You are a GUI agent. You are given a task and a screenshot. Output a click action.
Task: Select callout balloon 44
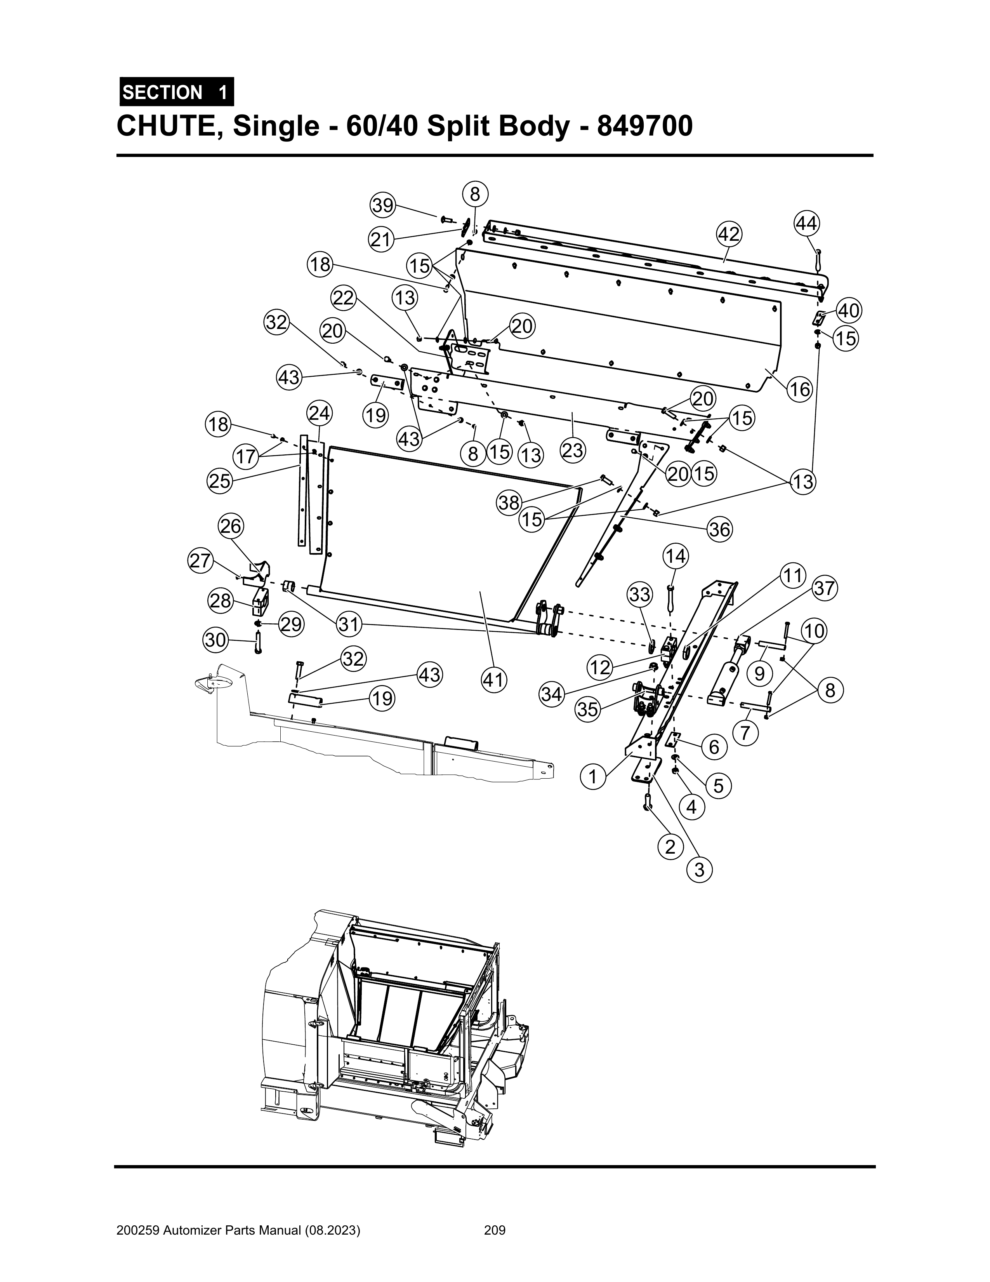(x=807, y=224)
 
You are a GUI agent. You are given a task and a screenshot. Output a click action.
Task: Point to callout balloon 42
(x=729, y=234)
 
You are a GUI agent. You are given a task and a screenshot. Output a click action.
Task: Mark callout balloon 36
(x=719, y=530)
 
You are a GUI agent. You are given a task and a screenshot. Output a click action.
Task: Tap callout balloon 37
(x=825, y=588)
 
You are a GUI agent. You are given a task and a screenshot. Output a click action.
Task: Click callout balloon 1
(x=593, y=777)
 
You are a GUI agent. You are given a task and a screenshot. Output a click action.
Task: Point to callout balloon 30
(x=215, y=640)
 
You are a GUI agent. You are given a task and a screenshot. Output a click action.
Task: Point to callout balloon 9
(x=759, y=673)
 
